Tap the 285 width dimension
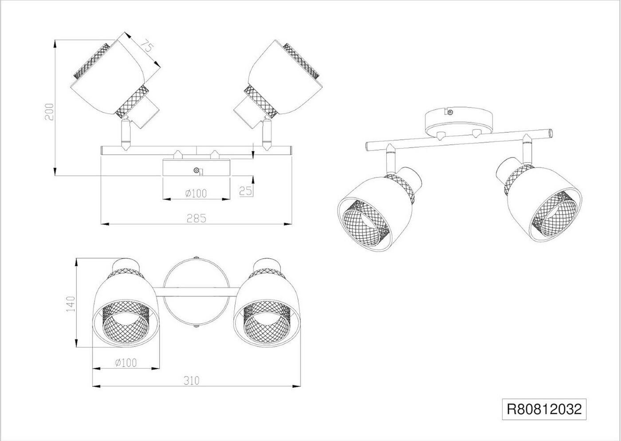pyautogui.click(x=197, y=218)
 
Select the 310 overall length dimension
pyautogui.click(x=191, y=380)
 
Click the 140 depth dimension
pyautogui.click(x=70, y=304)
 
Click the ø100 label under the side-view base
pyautogui.click(x=196, y=193)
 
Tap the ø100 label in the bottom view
pyautogui.click(x=126, y=363)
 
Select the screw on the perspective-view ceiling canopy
pyautogui.click(x=451, y=113)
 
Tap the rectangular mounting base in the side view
pyautogui.click(x=197, y=168)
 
